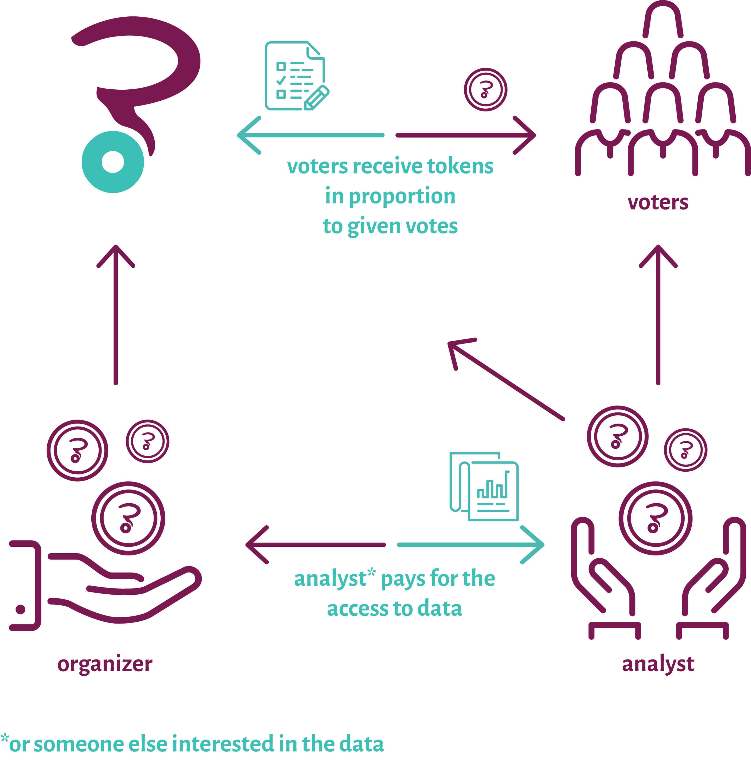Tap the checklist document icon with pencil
pyautogui.click(x=296, y=76)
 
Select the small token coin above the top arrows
pyautogui.click(x=485, y=90)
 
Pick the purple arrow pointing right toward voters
pyautogui.click(x=465, y=135)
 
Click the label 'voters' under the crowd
pyautogui.click(x=658, y=202)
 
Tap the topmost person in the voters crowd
pyautogui.click(x=663, y=20)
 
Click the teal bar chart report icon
pyautogui.click(x=484, y=486)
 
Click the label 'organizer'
pyautogui.click(x=105, y=664)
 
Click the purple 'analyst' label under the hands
pyautogui.click(x=658, y=664)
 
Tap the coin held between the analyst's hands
pyautogui.click(x=655, y=518)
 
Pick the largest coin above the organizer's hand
pyautogui.click(x=128, y=518)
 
